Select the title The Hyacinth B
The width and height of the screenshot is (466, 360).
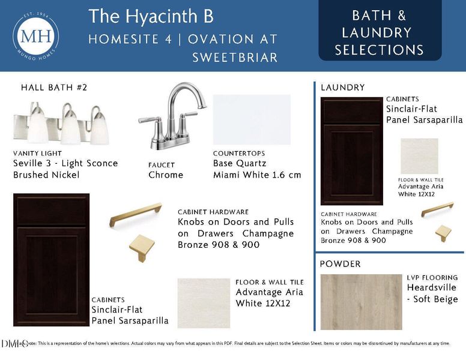[151, 17]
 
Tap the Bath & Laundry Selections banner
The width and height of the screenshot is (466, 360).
[380, 33]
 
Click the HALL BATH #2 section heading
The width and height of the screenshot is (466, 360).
[54, 88]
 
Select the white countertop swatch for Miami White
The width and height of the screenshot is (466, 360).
[252, 119]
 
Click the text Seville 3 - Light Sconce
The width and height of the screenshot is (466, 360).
[65, 163]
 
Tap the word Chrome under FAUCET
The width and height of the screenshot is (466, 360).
[166, 175]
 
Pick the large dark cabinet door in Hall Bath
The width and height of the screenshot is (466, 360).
[51, 259]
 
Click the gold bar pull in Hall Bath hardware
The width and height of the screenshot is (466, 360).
[136, 215]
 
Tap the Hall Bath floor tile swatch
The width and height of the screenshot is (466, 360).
[204, 302]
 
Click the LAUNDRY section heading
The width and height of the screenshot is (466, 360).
[342, 88]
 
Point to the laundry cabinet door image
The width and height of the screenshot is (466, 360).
[351, 151]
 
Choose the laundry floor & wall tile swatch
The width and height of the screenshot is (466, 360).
[419, 156]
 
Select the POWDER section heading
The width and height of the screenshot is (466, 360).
[340, 264]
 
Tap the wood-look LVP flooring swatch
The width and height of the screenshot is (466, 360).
[361, 302]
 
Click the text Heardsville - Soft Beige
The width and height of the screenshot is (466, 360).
[432, 293]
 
